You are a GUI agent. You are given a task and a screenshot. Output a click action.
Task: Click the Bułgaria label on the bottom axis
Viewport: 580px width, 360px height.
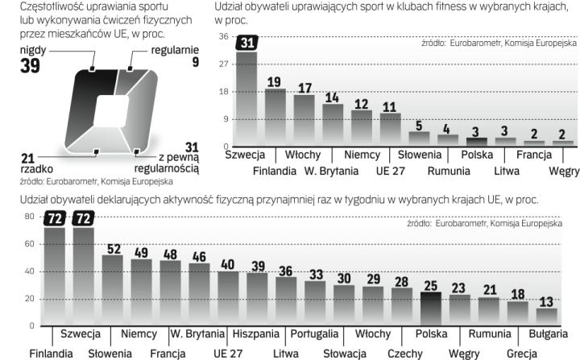(x=549, y=333)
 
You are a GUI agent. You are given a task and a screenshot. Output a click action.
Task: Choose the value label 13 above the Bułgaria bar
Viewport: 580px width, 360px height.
(x=546, y=302)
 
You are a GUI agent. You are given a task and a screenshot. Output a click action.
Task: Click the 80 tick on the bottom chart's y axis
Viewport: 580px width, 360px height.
(x=29, y=217)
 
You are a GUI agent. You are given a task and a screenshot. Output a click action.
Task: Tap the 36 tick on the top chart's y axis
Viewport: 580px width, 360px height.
(x=223, y=37)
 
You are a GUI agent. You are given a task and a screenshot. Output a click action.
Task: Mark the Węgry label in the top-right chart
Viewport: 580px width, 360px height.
(x=563, y=171)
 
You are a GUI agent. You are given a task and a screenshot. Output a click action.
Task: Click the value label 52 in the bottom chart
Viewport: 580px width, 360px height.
(x=112, y=249)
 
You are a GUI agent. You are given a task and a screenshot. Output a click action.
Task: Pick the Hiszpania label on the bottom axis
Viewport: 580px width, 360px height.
(x=255, y=333)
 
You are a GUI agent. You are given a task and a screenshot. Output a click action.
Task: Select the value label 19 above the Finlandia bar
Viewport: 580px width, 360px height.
(x=275, y=81)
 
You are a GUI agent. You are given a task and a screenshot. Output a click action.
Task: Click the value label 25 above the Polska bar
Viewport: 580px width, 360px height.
(x=430, y=285)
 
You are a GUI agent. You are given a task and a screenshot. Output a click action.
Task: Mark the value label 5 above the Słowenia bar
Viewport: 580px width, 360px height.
(x=417, y=125)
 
